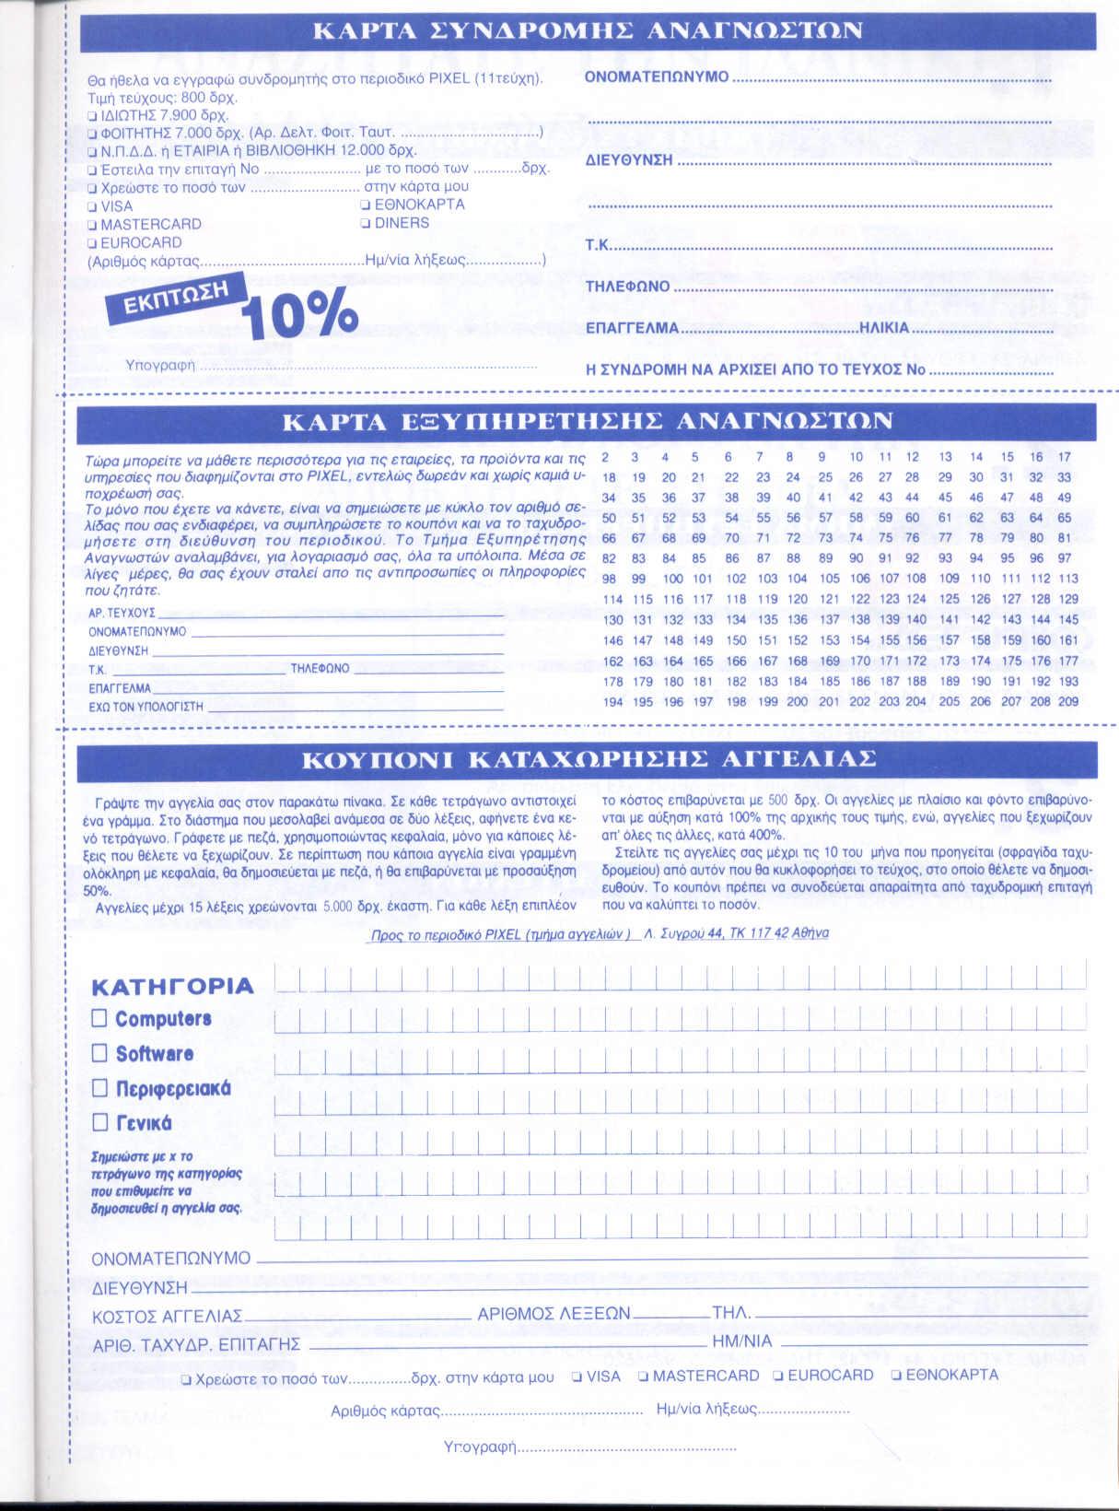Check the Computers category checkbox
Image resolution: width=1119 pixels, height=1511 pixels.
(99, 1018)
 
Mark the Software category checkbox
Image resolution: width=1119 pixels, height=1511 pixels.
(99, 1053)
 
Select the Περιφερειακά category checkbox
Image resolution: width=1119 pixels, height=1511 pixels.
(99, 1088)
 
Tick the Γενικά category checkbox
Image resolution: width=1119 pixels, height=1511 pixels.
(99, 1122)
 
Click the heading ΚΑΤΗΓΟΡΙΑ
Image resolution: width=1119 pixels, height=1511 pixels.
(172, 987)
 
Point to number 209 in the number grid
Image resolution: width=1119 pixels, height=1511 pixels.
(1068, 702)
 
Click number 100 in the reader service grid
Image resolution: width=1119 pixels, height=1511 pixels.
(672, 579)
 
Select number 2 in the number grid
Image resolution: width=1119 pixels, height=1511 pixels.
(605, 457)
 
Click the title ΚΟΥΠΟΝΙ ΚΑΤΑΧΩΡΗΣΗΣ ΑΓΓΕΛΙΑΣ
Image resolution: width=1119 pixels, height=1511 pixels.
(589, 760)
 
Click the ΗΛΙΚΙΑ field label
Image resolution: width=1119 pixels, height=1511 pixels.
(883, 328)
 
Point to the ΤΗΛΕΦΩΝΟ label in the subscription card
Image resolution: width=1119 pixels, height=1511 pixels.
(627, 287)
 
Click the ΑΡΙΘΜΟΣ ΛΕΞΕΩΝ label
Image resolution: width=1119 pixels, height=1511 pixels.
(554, 1314)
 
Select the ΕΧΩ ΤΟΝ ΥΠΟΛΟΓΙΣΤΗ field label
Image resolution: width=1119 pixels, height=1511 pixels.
(146, 707)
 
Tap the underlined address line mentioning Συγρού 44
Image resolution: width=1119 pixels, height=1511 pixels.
(599, 933)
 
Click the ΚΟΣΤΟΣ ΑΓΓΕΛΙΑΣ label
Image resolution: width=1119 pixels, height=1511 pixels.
(167, 1316)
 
